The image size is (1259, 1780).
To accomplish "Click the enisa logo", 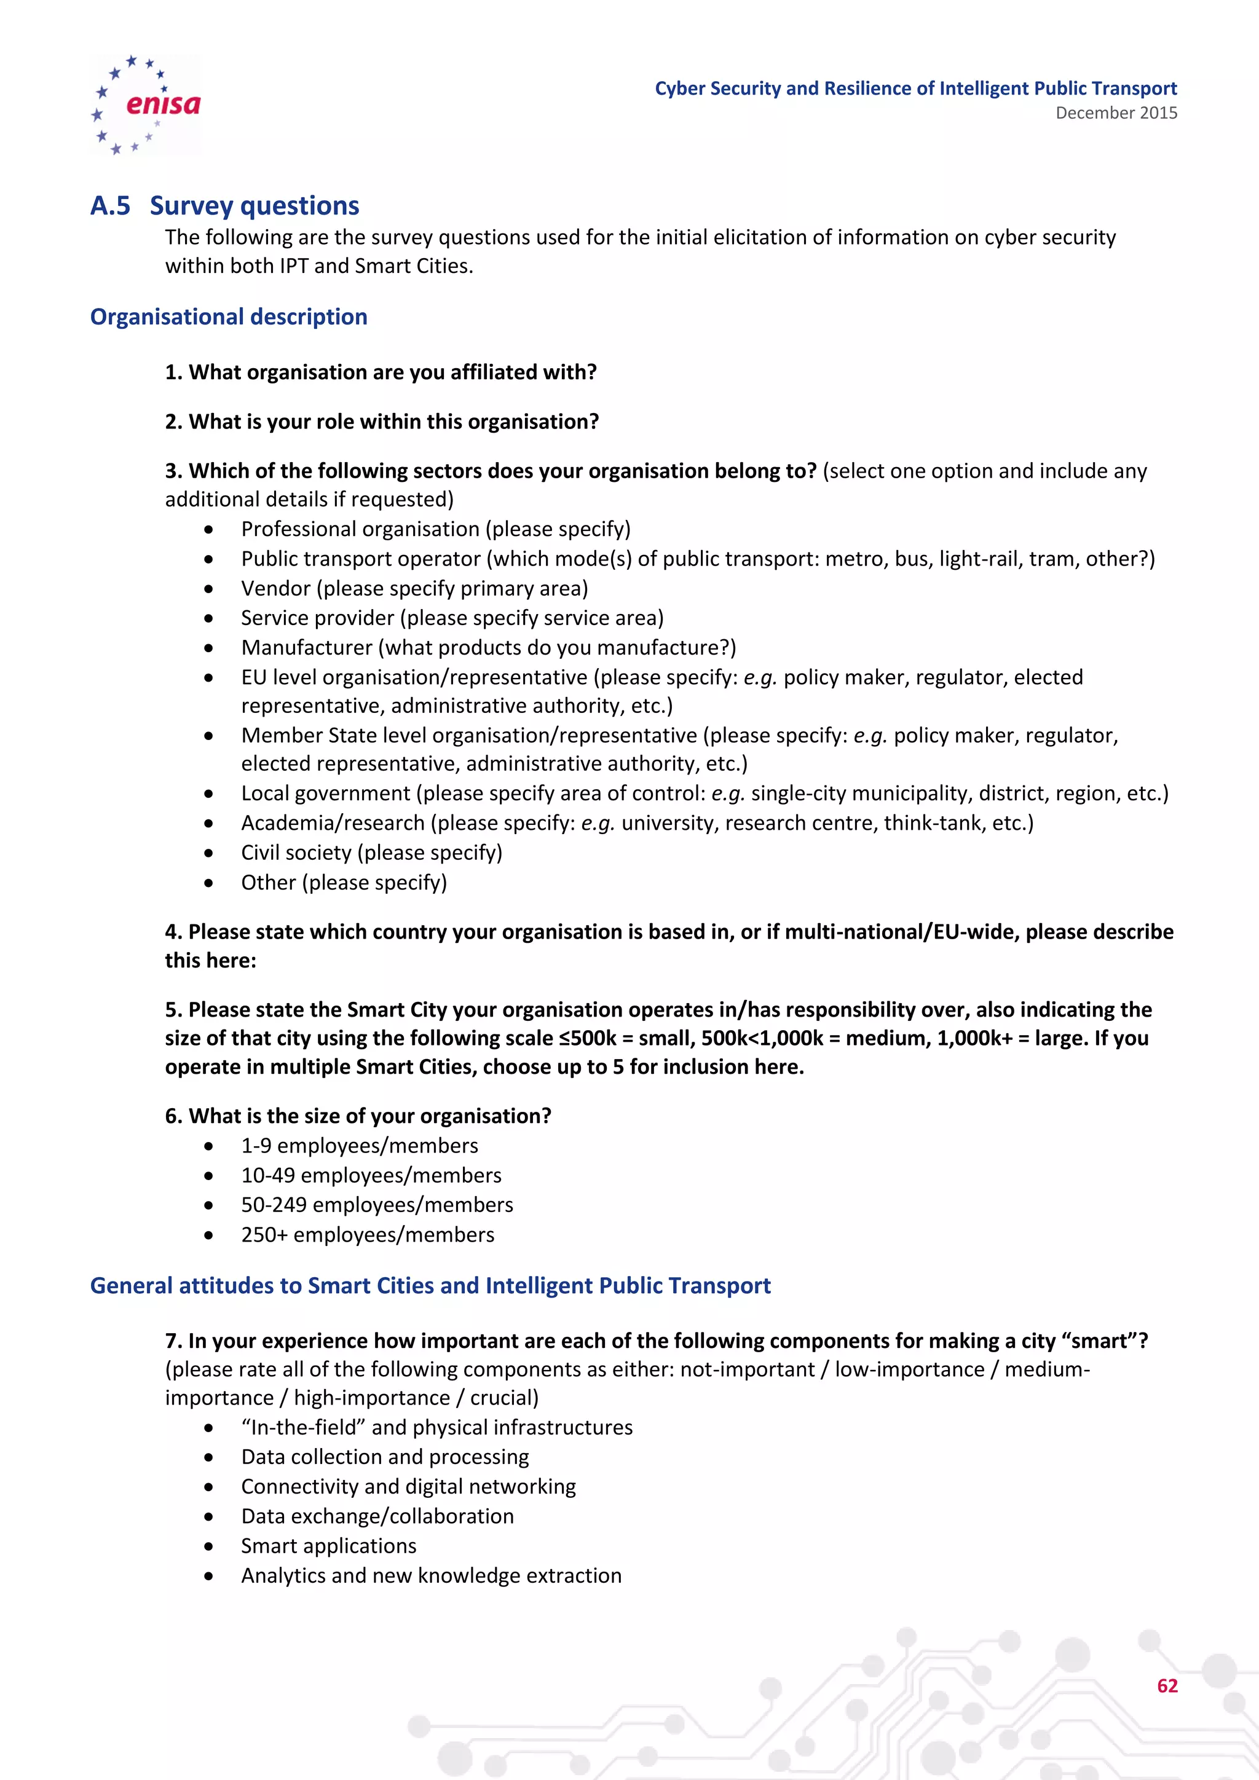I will (x=146, y=104).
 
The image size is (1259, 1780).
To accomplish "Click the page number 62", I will (x=1167, y=1685).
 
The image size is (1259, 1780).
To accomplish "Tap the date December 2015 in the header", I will (x=1116, y=113).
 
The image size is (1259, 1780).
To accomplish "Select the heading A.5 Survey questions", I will (x=225, y=205).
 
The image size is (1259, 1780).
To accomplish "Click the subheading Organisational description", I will (x=229, y=317).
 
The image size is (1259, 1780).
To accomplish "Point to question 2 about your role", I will (x=381, y=422).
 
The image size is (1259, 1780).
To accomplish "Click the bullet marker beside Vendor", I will (x=208, y=589).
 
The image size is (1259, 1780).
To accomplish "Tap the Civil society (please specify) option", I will (x=371, y=853).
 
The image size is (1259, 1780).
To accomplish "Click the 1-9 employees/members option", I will (x=359, y=1146).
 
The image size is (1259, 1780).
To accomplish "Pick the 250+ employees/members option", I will (x=368, y=1235).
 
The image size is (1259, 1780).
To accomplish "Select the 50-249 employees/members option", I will (x=377, y=1205).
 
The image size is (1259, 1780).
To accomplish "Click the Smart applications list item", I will (x=329, y=1546).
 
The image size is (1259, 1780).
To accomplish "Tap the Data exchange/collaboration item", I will (x=377, y=1516).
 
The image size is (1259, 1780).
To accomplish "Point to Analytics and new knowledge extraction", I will (x=431, y=1576).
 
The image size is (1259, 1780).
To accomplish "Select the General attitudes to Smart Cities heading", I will (x=430, y=1285).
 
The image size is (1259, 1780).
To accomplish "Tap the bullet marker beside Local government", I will (x=208, y=794).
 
